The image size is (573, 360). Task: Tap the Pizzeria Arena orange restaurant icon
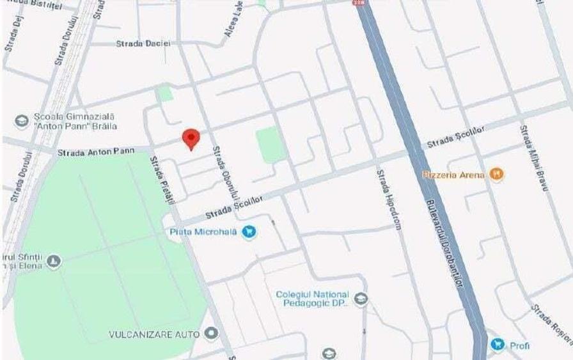[496, 173]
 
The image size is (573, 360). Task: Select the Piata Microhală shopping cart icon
[250, 232]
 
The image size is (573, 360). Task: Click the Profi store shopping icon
[498, 345]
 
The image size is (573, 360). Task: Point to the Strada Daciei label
[143, 43]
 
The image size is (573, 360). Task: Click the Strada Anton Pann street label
[96, 152]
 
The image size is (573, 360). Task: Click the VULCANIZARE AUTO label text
[154, 334]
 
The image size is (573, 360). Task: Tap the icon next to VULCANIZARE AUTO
[212, 333]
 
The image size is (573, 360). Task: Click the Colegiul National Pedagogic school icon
[361, 299]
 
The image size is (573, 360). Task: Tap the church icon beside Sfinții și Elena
[54, 261]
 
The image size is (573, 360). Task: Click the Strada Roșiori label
[551, 323]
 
